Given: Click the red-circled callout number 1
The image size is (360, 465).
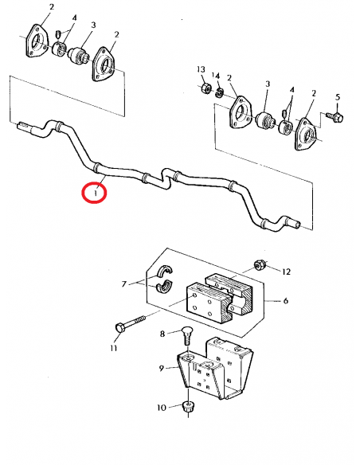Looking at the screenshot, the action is pyautogui.click(x=96, y=193).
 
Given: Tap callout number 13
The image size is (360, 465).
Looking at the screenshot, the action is pyautogui.click(x=201, y=69).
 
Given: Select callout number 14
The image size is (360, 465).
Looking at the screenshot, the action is pyautogui.click(x=216, y=76).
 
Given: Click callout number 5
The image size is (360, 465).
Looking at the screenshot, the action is pyautogui.click(x=338, y=97).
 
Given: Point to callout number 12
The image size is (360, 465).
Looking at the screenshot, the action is pyautogui.click(x=286, y=272).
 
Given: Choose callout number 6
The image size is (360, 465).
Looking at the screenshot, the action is pyautogui.click(x=286, y=301).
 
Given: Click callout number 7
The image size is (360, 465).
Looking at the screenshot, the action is pyautogui.click(x=124, y=284).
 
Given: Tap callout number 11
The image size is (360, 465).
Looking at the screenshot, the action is pyautogui.click(x=114, y=348).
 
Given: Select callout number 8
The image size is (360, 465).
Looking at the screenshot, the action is pyautogui.click(x=162, y=334).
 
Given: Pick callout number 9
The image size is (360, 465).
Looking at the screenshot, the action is pyautogui.click(x=162, y=369).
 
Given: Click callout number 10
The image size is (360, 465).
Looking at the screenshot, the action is pyautogui.click(x=162, y=408).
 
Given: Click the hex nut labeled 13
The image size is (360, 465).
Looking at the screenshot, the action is pyautogui.click(x=205, y=88).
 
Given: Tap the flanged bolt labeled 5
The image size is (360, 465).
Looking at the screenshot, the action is pyautogui.click(x=335, y=116).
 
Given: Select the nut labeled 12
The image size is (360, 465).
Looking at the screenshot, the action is pyautogui.click(x=258, y=264).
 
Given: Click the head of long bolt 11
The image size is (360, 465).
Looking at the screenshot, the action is pyautogui.click(x=119, y=328).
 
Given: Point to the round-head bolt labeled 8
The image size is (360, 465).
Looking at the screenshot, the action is pyautogui.click(x=186, y=334).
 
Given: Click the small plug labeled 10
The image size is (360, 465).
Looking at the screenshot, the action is pyautogui.click(x=188, y=406).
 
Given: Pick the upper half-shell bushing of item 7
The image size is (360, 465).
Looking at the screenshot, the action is pyautogui.click(x=165, y=271).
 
